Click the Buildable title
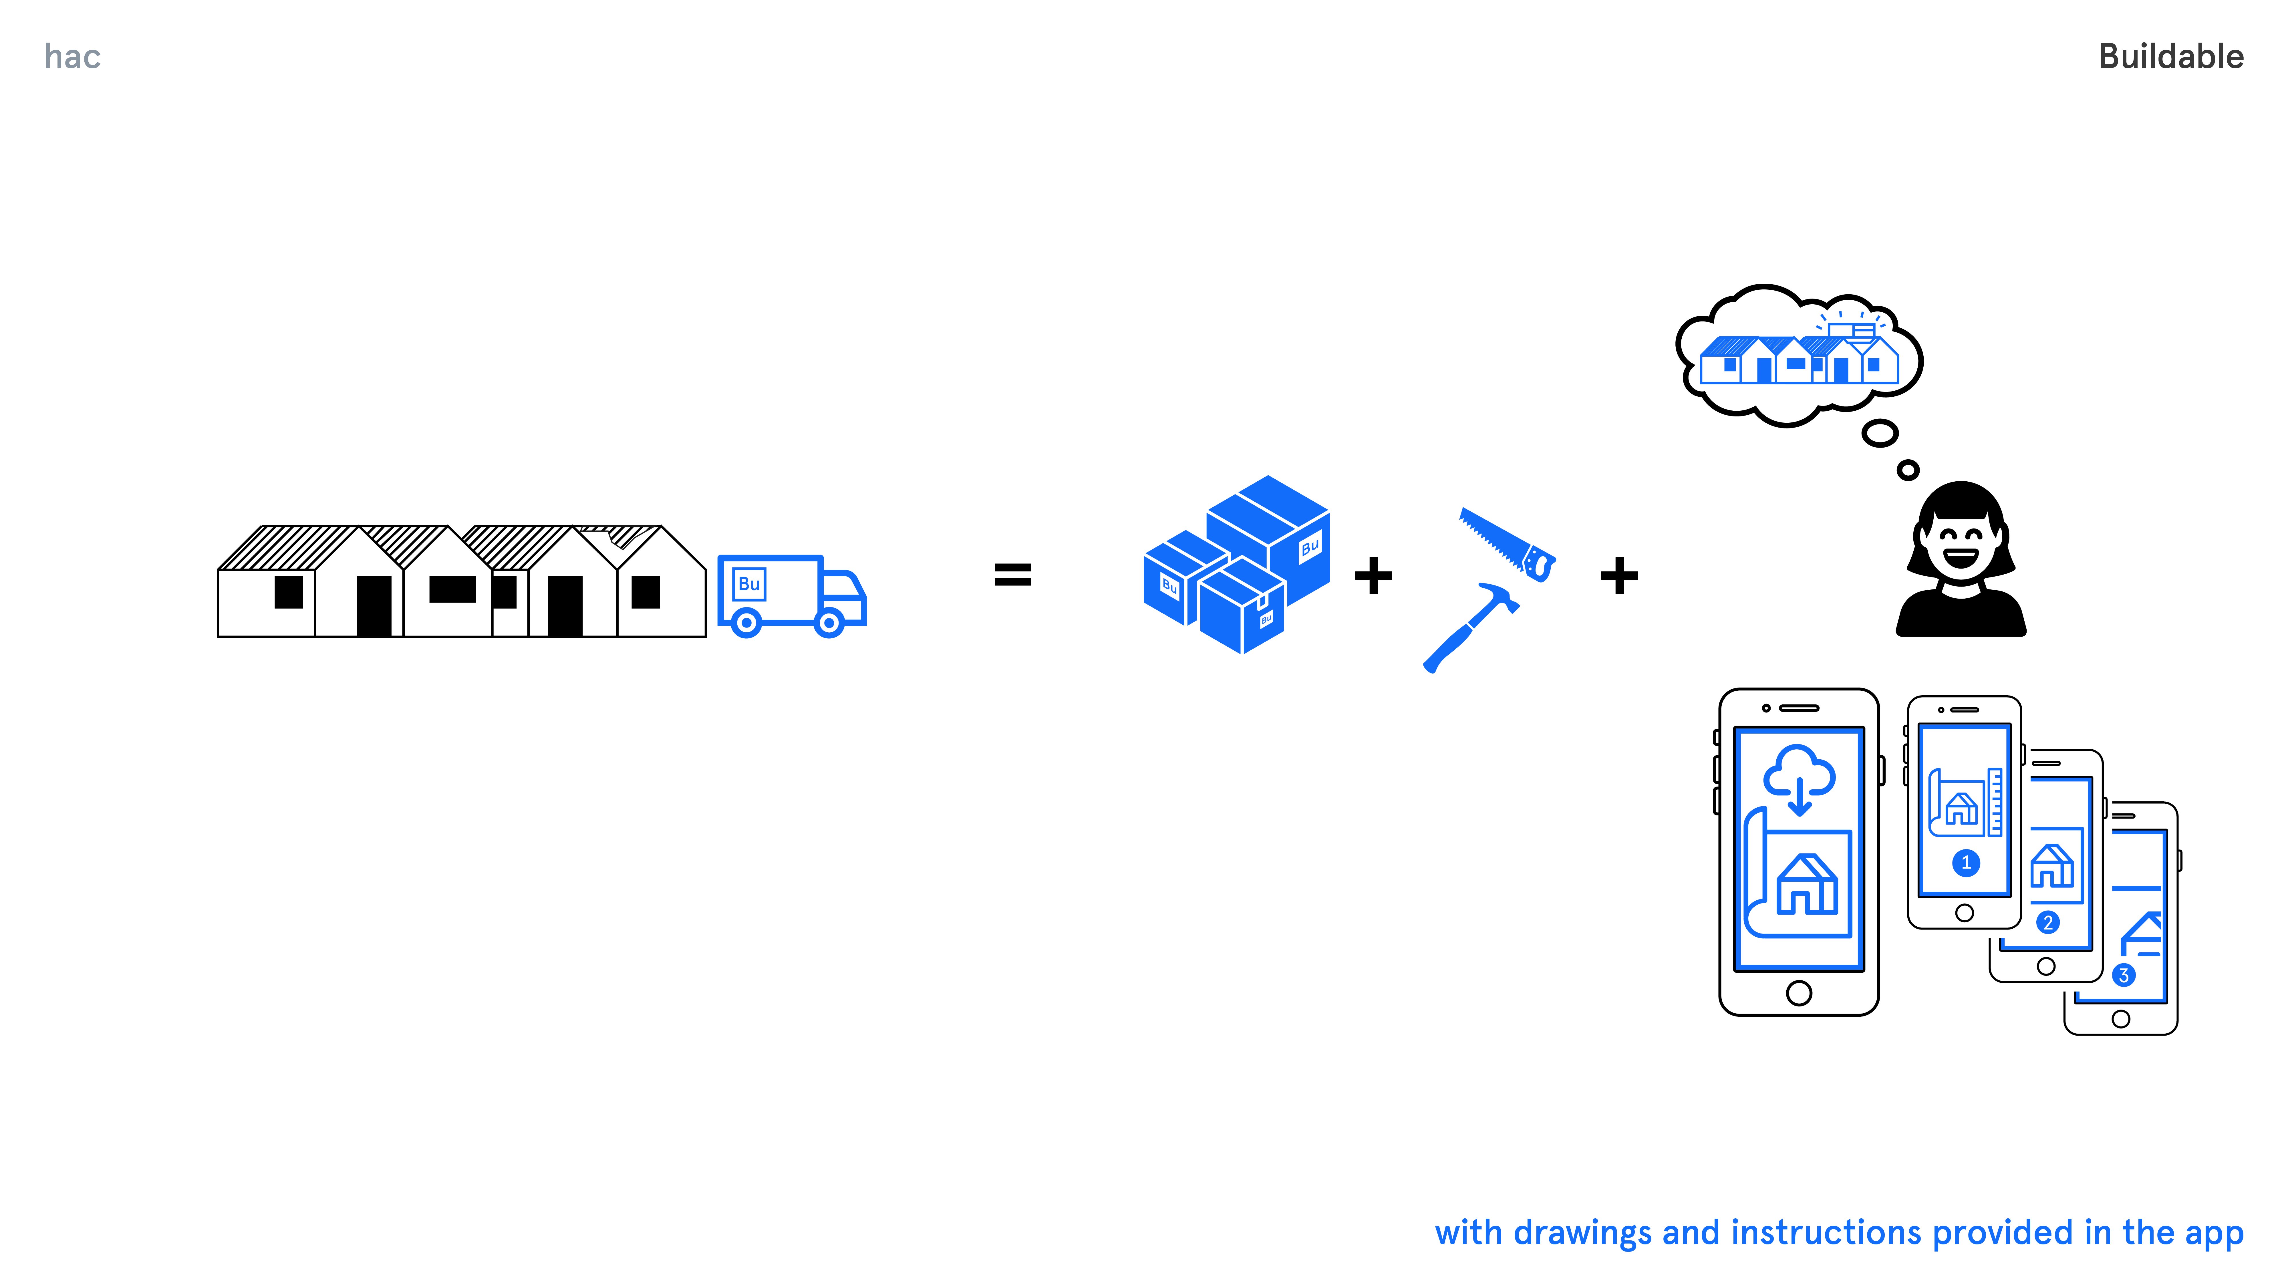2171,57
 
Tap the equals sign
1012,575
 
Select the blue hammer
1470,626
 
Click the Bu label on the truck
749,583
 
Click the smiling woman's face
1960,544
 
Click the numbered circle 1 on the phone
1966,863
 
